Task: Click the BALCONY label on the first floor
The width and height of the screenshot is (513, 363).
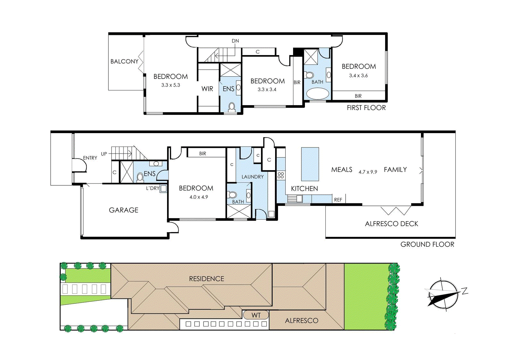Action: point(124,61)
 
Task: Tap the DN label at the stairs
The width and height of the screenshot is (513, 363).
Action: point(235,41)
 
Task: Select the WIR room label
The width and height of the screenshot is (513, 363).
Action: point(207,89)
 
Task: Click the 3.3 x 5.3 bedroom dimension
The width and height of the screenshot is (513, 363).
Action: point(171,85)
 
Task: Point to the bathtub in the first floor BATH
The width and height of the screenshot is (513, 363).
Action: point(317,94)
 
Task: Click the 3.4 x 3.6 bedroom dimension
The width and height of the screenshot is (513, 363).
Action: point(358,76)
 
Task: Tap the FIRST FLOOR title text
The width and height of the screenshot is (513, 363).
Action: point(366,108)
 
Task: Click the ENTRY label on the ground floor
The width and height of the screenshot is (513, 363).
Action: point(90,158)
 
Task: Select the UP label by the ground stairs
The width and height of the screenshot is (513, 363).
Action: point(104,154)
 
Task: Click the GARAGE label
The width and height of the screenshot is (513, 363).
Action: point(123,210)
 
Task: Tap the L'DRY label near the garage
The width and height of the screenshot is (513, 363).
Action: point(153,188)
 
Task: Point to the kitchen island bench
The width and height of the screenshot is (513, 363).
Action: point(310,164)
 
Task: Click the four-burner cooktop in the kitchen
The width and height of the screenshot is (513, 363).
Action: point(281,175)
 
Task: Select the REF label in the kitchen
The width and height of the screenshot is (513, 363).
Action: point(338,200)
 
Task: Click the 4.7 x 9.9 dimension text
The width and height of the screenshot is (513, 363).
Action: point(368,172)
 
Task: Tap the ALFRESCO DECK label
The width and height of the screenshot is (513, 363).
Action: point(391,224)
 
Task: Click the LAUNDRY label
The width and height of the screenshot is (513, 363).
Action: point(253,177)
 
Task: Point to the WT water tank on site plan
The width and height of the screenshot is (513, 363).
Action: point(256,315)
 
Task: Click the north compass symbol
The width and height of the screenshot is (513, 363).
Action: point(443,294)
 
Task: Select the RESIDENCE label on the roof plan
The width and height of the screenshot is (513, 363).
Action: point(206,279)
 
